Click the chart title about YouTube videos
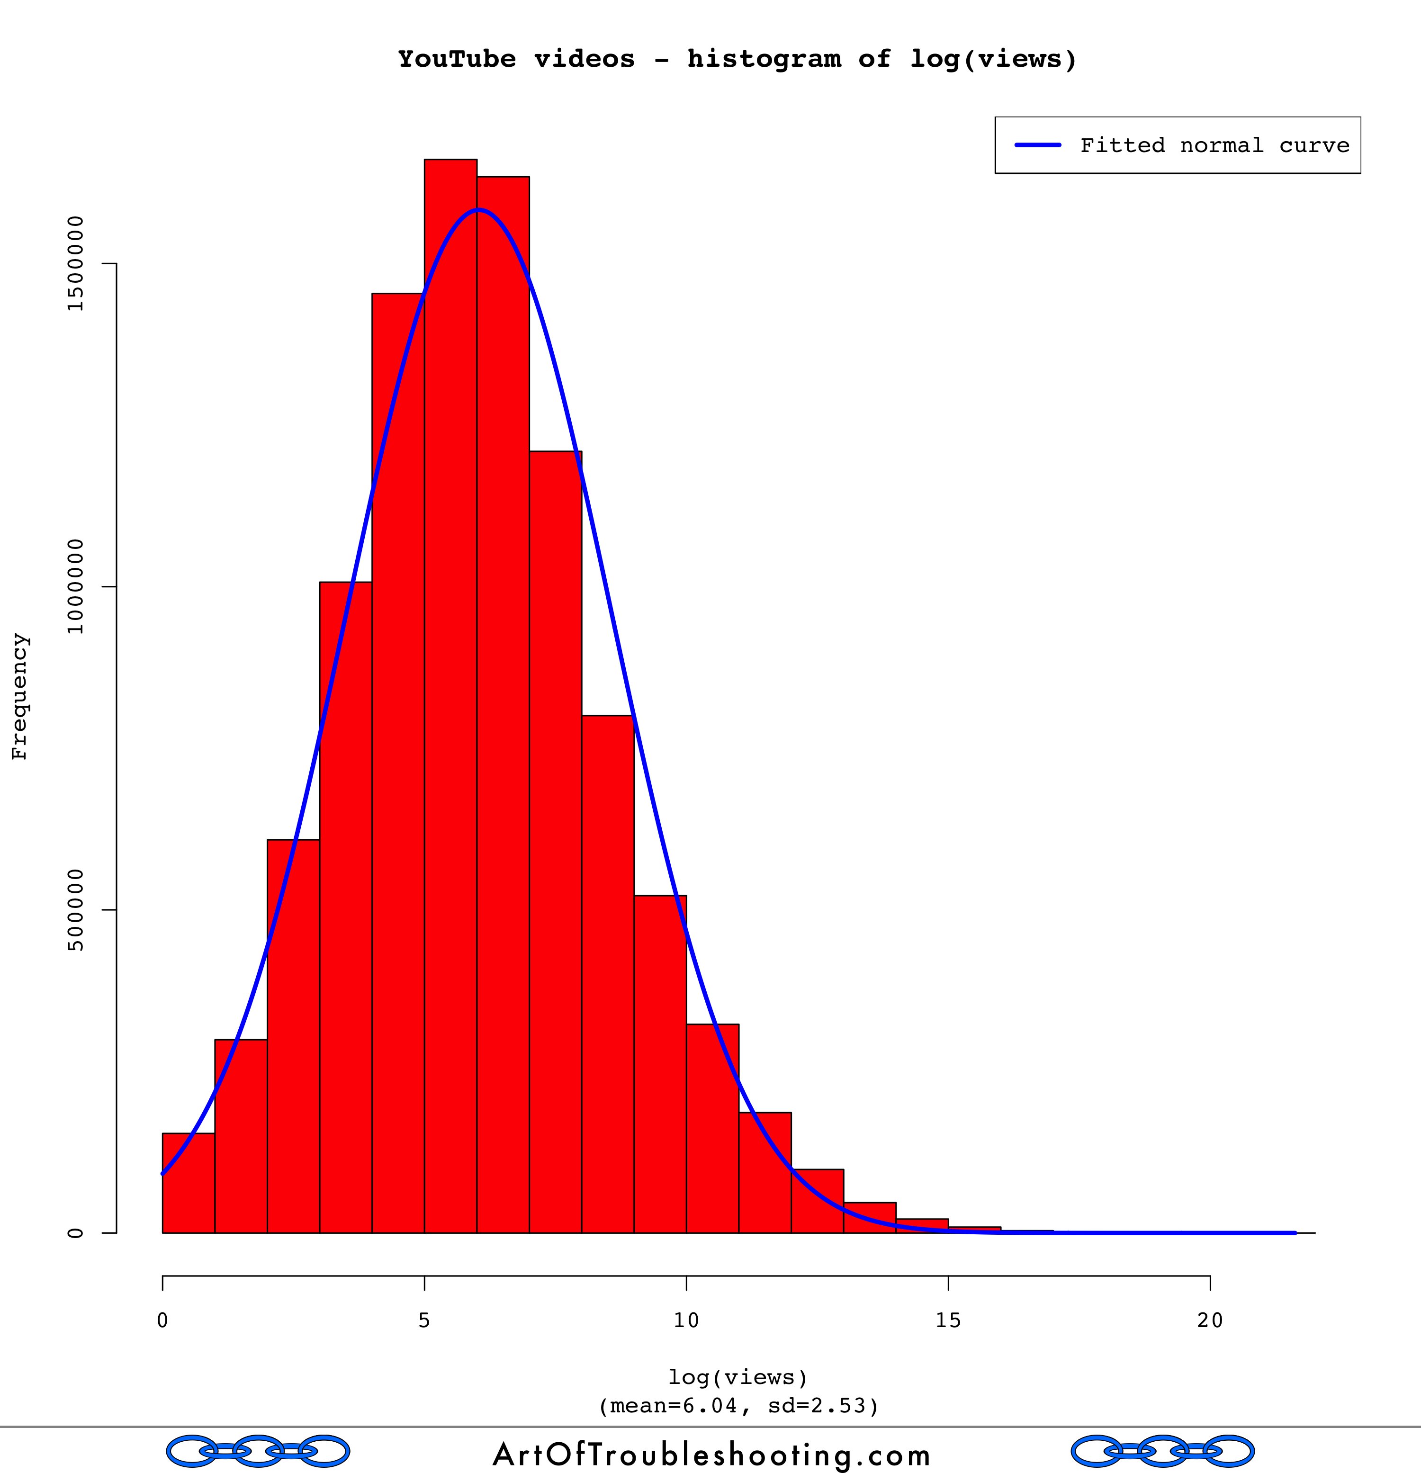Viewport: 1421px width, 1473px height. (x=737, y=59)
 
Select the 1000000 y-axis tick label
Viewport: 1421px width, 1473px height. (x=75, y=586)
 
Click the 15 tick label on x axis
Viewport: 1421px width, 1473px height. (x=948, y=1320)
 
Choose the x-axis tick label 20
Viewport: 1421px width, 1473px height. (x=1210, y=1320)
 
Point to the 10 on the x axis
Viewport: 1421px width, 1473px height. (x=686, y=1320)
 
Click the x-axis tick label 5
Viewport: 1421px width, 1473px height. (x=424, y=1320)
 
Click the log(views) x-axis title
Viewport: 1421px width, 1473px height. (x=738, y=1377)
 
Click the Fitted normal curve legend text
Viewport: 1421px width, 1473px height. (x=1214, y=145)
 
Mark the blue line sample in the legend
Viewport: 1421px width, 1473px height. (x=1038, y=145)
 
